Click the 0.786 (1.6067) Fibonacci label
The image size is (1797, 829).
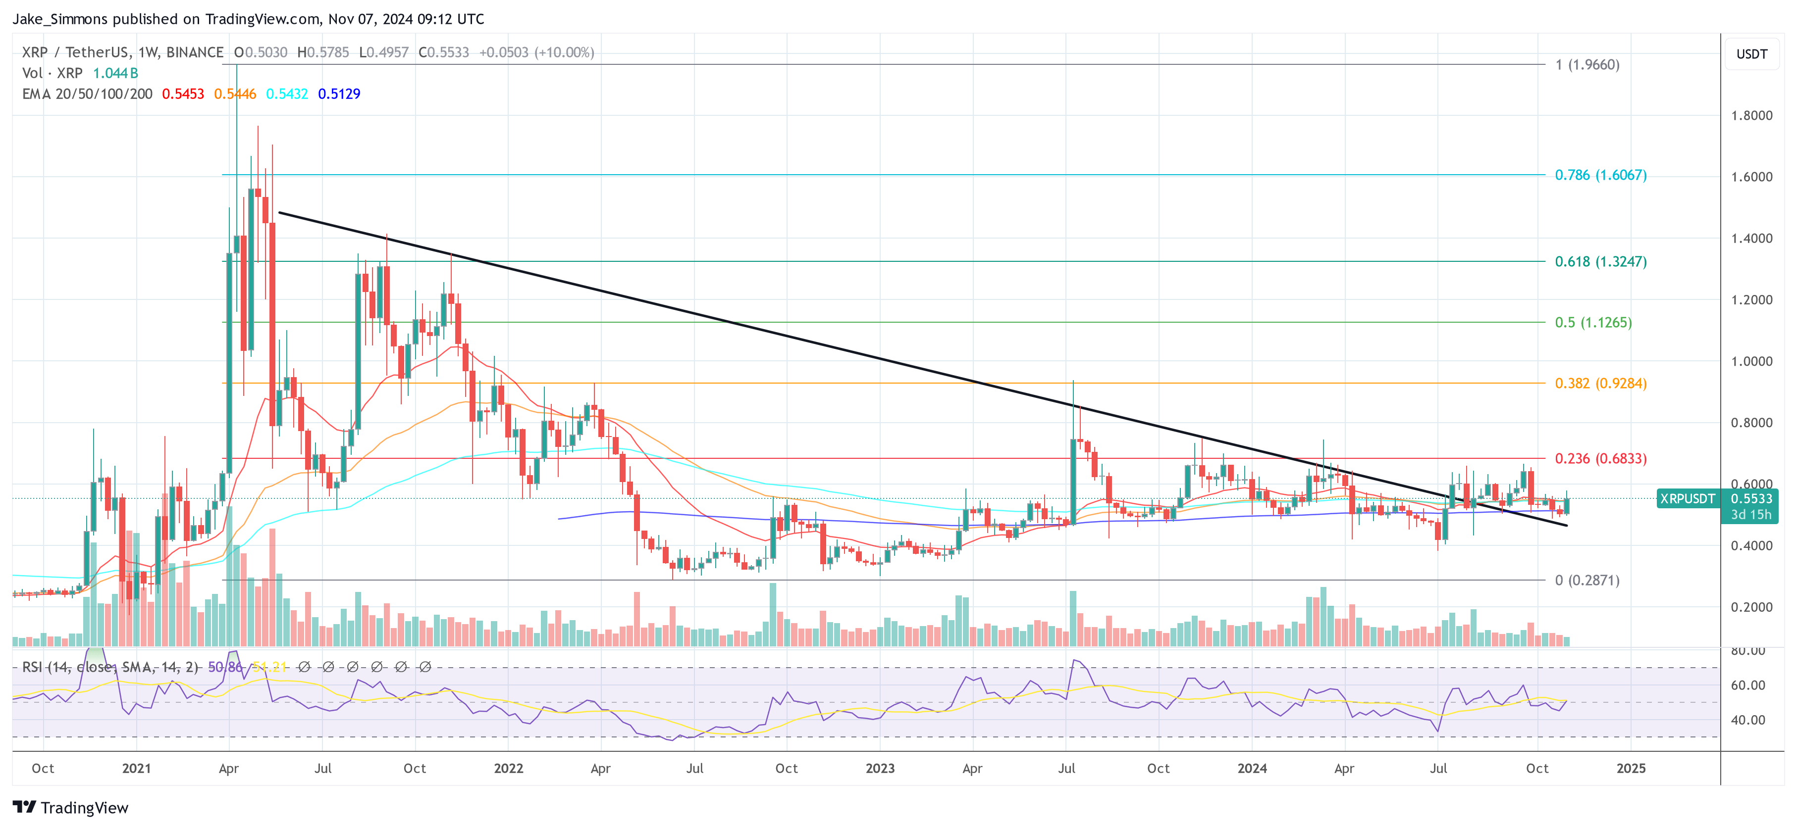coord(1600,175)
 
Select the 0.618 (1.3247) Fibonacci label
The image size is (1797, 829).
coord(1600,261)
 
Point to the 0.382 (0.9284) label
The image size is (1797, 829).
coord(1600,384)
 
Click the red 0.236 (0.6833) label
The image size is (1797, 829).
coord(1600,459)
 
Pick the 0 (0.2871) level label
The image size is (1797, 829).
coord(1586,580)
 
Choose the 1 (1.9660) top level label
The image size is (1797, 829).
coord(1586,65)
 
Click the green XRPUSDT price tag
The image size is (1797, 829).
coord(1687,498)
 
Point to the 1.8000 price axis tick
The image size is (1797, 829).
coord(1751,116)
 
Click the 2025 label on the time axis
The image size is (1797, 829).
coord(1630,768)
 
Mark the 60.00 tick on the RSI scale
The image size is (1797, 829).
coord(1747,685)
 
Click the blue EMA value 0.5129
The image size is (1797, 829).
coord(339,94)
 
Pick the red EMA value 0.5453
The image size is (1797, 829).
coord(183,94)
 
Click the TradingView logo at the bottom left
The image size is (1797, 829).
coord(70,807)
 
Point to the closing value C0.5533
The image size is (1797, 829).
coord(444,52)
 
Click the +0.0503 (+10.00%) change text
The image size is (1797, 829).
coord(536,52)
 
